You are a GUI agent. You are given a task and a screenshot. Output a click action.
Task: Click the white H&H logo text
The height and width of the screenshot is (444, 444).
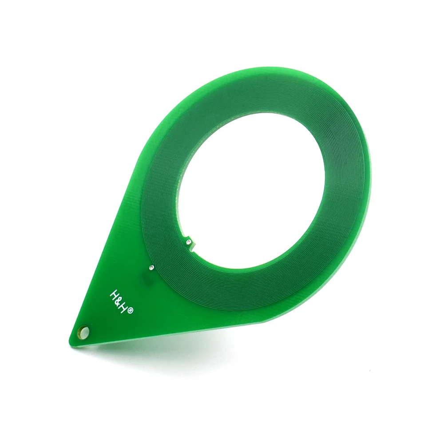(x=120, y=301)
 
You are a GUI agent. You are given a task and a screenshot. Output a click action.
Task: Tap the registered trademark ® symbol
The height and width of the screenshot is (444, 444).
(x=130, y=312)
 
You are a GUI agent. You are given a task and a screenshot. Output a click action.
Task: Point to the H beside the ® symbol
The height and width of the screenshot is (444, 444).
(x=125, y=307)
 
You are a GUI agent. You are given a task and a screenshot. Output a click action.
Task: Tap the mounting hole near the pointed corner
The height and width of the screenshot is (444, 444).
(x=84, y=332)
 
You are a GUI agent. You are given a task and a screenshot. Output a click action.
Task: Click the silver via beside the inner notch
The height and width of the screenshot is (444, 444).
(x=189, y=242)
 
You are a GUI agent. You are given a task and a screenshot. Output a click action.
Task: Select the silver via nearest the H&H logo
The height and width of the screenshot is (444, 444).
(x=151, y=267)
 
